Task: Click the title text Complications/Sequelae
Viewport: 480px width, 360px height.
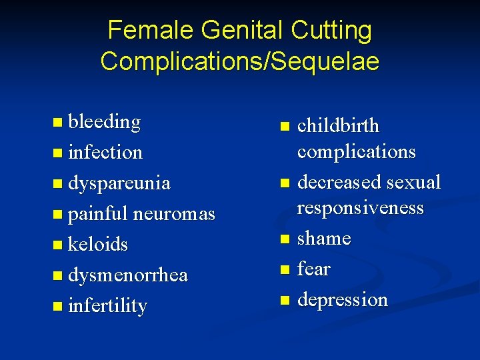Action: click(240, 61)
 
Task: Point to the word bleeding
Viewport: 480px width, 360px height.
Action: click(104, 122)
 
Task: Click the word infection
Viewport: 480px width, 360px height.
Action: click(105, 152)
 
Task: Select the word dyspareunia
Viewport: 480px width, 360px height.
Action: click(119, 183)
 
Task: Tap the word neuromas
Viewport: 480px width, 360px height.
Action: click(174, 213)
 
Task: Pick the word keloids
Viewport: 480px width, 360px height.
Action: click(98, 244)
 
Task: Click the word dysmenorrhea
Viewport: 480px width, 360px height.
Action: click(128, 275)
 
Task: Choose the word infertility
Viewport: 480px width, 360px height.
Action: click(107, 305)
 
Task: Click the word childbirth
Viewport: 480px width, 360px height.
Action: click(337, 125)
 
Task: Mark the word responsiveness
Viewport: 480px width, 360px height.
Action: click(360, 208)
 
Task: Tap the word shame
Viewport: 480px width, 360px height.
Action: click(324, 238)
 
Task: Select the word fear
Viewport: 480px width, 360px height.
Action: click(313, 269)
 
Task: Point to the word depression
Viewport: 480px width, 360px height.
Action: click(342, 299)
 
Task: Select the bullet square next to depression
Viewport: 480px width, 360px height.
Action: click(285, 300)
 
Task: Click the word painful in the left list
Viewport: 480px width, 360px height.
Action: click(98, 213)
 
